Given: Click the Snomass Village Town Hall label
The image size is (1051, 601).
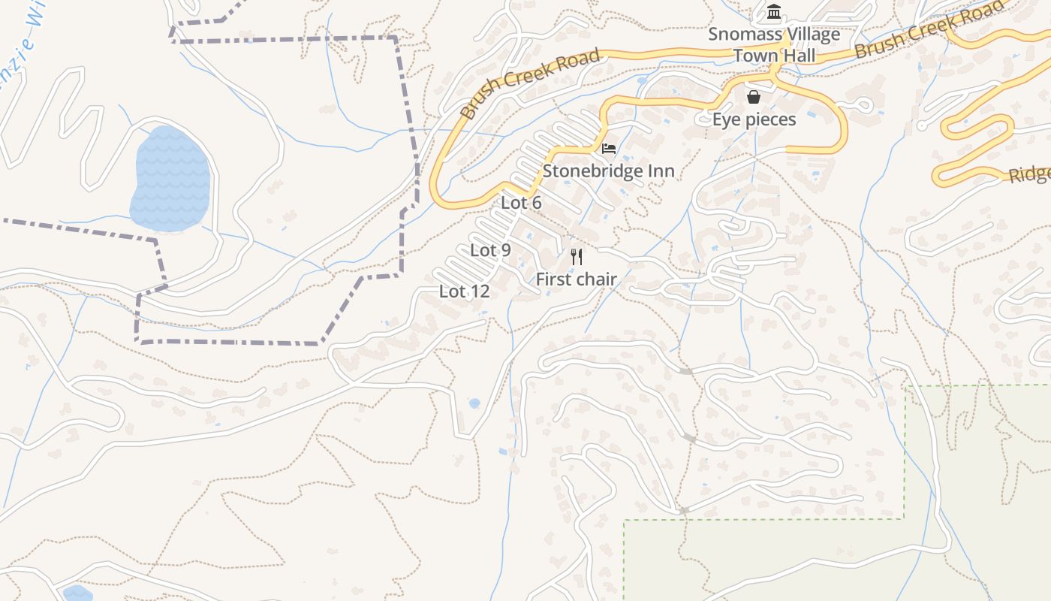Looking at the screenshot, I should [x=774, y=45].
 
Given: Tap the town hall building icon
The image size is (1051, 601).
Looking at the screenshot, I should [x=774, y=12].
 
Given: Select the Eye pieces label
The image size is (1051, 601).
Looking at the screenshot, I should [x=754, y=119].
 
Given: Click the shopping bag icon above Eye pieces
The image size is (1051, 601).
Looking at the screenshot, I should [x=754, y=97].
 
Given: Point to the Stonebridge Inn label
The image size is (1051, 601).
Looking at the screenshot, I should [x=608, y=171].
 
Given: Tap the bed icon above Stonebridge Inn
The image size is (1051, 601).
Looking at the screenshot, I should [x=609, y=148].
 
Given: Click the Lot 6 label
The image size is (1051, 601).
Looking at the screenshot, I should [x=521, y=203].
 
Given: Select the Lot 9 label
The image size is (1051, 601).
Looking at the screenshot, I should [x=490, y=250].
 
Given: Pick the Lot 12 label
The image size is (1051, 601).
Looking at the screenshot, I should [x=464, y=291].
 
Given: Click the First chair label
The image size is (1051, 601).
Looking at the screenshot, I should [x=576, y=279].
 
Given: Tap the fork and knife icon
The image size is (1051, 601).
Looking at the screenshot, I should [x=577, y=257].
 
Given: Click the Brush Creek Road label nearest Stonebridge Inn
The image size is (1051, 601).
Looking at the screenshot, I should [x=530, y=83].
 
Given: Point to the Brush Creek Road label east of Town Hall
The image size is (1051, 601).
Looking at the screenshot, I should [x=929, y=30].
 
